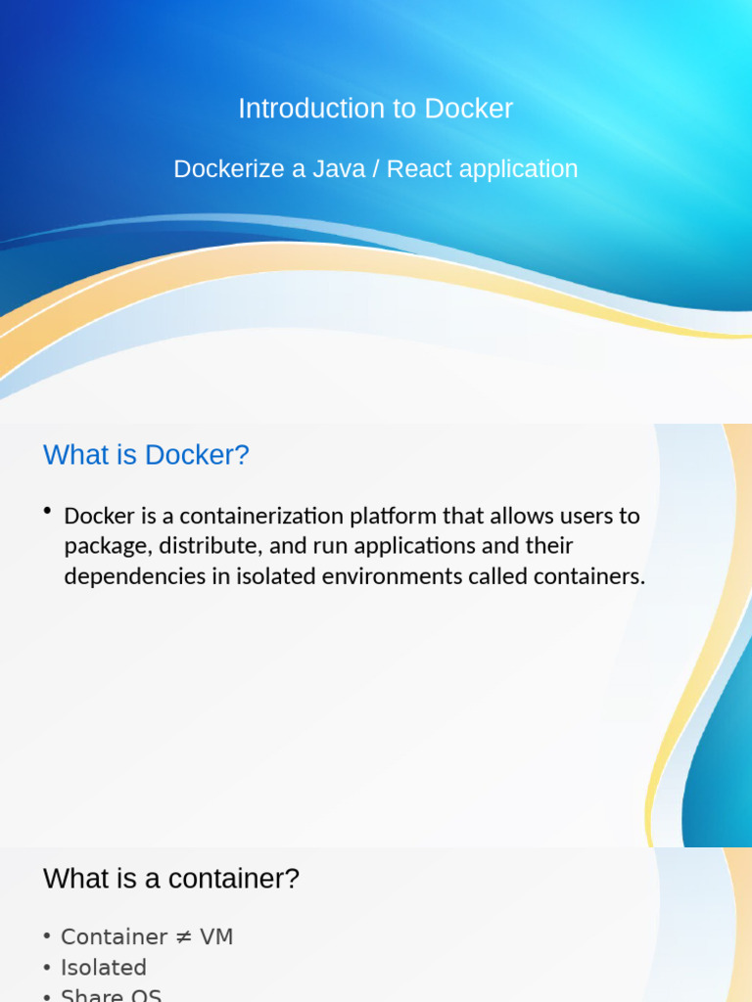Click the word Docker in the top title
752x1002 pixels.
[469, 109]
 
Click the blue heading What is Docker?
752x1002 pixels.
[146, 455]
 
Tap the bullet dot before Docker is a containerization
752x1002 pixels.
[47, 511]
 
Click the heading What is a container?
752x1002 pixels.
[170, 879]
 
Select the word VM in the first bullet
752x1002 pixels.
[216, 937]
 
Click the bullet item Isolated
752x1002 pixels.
[103, 968]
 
